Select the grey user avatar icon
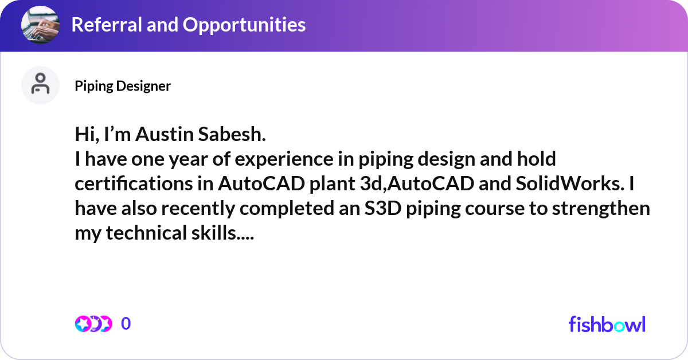40,85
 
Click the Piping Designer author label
123,86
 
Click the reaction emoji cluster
93,324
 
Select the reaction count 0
126,324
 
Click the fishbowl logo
607,324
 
